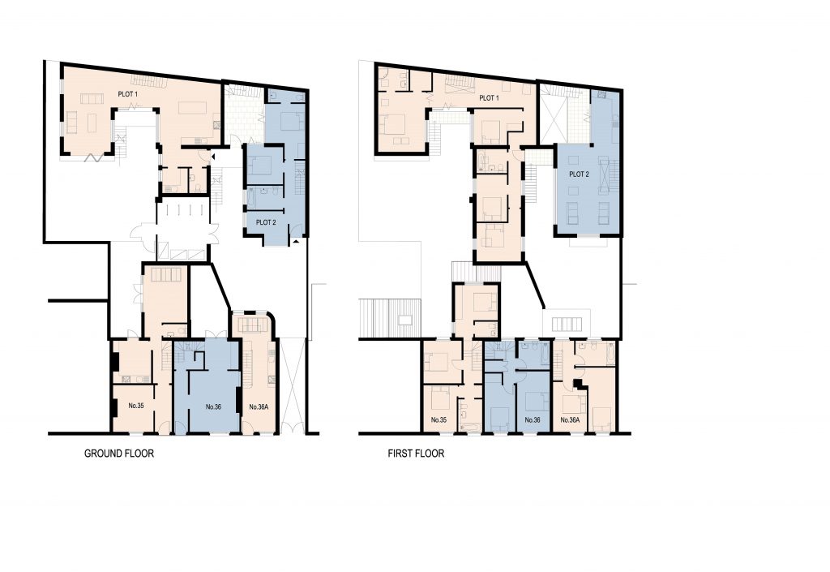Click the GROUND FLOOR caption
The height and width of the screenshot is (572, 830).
(x=119, y=454)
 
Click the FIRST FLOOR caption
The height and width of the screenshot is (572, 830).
(x=416, y=454)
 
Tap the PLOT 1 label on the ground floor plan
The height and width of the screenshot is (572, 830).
(x=127, y=94)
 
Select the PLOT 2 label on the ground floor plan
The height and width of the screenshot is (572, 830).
(x=266, y=222)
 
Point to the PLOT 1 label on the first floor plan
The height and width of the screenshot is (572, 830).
(x=489, y=98)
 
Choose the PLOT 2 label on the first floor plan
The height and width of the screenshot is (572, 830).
(x=579, y=174)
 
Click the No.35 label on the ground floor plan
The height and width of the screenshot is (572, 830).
(x=136, y=406)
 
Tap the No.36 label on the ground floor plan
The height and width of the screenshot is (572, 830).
(x=213, y=407)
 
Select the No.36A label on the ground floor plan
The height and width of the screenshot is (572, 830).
(x=259, y=407)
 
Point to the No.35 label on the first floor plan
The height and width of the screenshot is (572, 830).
(x=439, y=420)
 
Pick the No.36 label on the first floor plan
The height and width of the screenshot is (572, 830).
(x=532, y=420)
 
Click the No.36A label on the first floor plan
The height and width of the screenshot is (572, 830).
(x=570, y=420)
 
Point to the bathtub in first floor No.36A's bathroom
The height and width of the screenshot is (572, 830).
(x=610, y=353)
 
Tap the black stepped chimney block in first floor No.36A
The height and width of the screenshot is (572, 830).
(x=577, y=384)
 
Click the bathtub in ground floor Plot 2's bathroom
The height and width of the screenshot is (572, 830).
(x=251, y=200)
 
